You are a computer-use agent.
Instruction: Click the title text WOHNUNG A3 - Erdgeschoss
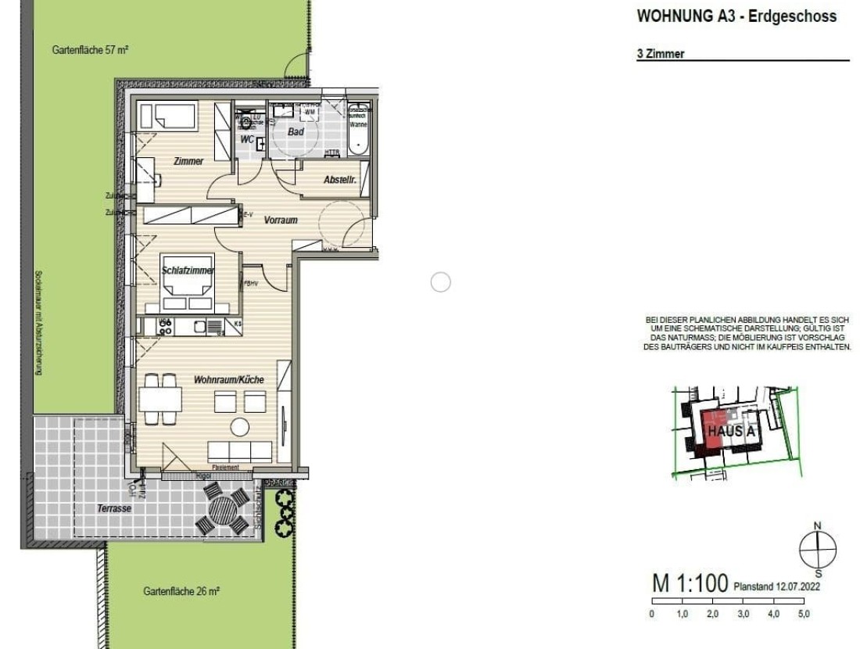coord(736,16)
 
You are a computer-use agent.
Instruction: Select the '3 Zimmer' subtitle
coord(661,54)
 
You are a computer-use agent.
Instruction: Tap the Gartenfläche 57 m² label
coord(90,49)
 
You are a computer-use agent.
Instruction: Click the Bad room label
coord(296,132)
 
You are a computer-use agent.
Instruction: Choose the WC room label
coord(247,140)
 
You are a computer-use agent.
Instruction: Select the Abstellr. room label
coord(340,180)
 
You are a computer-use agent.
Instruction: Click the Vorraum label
coord(281,221)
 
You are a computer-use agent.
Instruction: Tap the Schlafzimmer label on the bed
coord(188,271)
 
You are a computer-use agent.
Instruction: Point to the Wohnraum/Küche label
coord(229,379)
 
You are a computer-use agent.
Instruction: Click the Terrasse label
coord(114,507)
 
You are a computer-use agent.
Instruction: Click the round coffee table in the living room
coord(239,427)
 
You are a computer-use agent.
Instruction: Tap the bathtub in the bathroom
coord(359,134)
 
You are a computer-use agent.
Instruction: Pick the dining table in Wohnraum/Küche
coord(160,400)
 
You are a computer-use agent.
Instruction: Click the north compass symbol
coord(817,550)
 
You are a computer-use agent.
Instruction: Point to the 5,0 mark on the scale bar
coord(804,614)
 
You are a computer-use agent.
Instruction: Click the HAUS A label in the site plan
coord(729,431)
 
